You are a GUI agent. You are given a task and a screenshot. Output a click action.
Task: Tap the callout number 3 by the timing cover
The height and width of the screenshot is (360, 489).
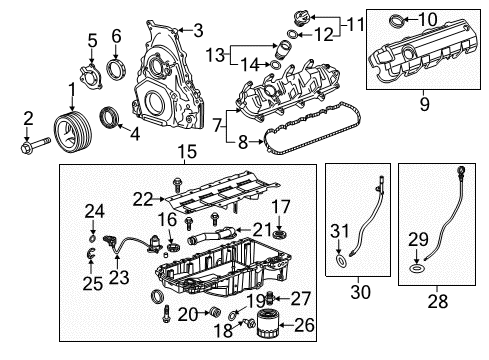pyautogui.click(x=199, y=30)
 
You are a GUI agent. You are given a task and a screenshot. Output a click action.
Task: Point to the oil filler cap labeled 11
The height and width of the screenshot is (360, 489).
pyautogui.click(x=300, y=21)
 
